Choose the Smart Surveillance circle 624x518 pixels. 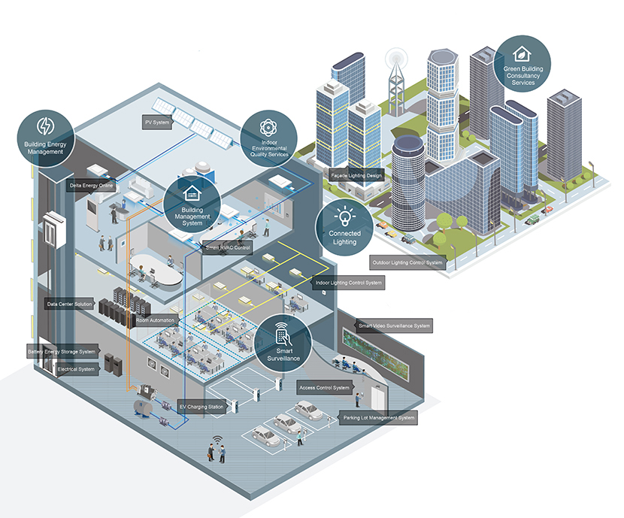tap(284, 345)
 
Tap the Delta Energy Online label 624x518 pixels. tap(92, 184)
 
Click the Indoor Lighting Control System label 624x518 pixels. tap(348, 283)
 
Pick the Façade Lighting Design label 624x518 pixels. tap(356, 174)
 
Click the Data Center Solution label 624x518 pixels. tap(69, 304)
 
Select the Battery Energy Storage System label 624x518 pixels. tap(62, 351)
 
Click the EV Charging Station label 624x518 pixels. tap(201, 407)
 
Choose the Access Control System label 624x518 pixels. tap(324, 388)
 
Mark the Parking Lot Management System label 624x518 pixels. tap(379, 417)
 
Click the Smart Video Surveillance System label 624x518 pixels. tap(395, 326)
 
